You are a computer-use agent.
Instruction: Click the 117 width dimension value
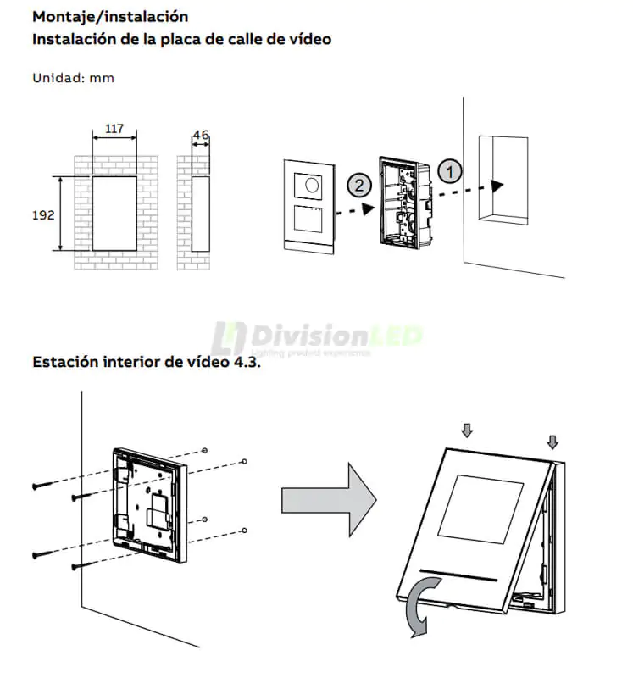(114, 130)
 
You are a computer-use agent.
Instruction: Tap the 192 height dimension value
(43, 214)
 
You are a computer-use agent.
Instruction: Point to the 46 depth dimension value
(201, 135)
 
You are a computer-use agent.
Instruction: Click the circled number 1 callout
(450, 169)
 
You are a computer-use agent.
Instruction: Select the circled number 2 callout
(358, 183)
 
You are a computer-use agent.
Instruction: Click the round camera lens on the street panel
(311, 184)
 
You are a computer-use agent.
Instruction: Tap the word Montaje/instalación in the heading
(110, 16)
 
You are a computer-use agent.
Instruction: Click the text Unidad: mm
(73, 78)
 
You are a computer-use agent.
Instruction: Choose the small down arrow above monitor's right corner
(552, 441)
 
